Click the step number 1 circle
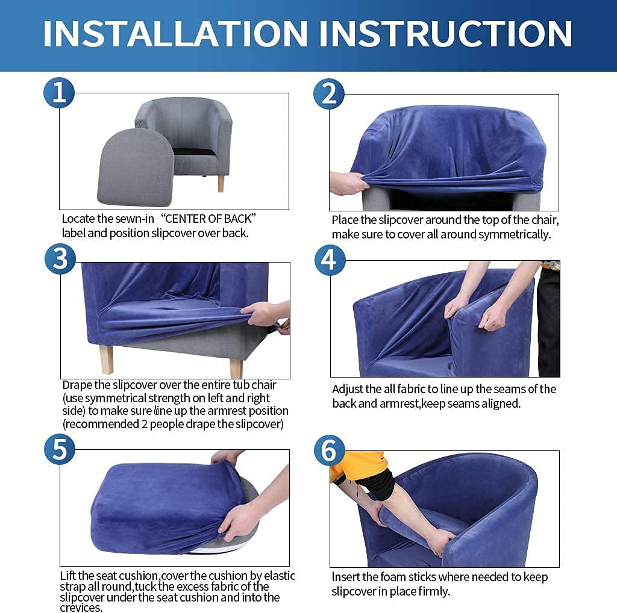(59, 93)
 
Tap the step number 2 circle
(329, 94)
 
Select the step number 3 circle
(60, 259)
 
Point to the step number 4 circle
(330, 260)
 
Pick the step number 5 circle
(60, 449)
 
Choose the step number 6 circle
(330, 450)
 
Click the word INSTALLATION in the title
(175, 34)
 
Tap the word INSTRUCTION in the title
(446, 34)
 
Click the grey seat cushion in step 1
(135, 168)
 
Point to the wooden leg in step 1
(221, 184)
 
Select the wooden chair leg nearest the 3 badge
(107, 359)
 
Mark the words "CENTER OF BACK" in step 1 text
(208, 219)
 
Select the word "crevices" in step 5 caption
(81, 608)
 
